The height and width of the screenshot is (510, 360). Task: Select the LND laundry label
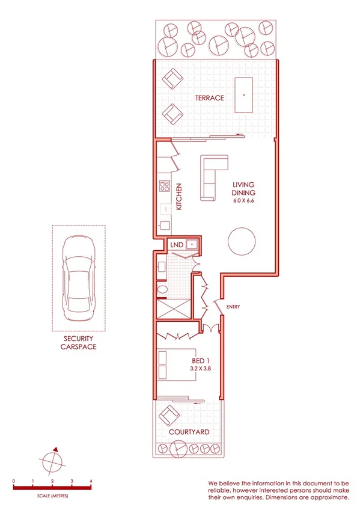177,245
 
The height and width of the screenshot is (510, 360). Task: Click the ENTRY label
233,307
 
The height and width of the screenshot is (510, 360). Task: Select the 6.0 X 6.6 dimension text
244,201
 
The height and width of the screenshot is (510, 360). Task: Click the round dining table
241,241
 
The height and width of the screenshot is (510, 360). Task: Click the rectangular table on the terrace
243,94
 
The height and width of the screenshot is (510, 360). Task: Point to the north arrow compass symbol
52,462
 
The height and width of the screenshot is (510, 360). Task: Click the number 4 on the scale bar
91,481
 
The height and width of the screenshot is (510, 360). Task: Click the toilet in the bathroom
162,291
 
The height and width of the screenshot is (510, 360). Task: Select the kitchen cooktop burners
164,187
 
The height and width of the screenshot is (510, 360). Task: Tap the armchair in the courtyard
169,414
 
